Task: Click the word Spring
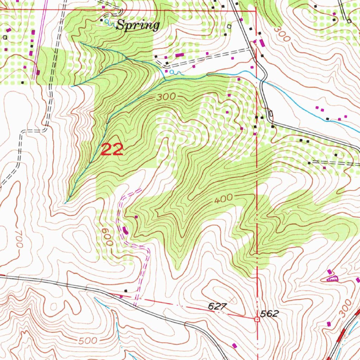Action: pos(138,25)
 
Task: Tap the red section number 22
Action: pos(112,150)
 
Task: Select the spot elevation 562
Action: pos(270,314)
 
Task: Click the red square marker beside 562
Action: pos(257,319)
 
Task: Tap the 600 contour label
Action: pos(106,236)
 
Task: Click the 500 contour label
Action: pos(86,341)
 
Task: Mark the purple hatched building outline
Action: pos(333,278)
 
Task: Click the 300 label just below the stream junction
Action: pos(166,97)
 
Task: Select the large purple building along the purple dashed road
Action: pos(126,231)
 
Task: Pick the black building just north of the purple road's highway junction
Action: pos(126,291)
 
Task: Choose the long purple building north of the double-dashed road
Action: pos(180,55)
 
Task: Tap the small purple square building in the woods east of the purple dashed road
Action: pos(136,217)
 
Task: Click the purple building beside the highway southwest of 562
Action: pos(234,346)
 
